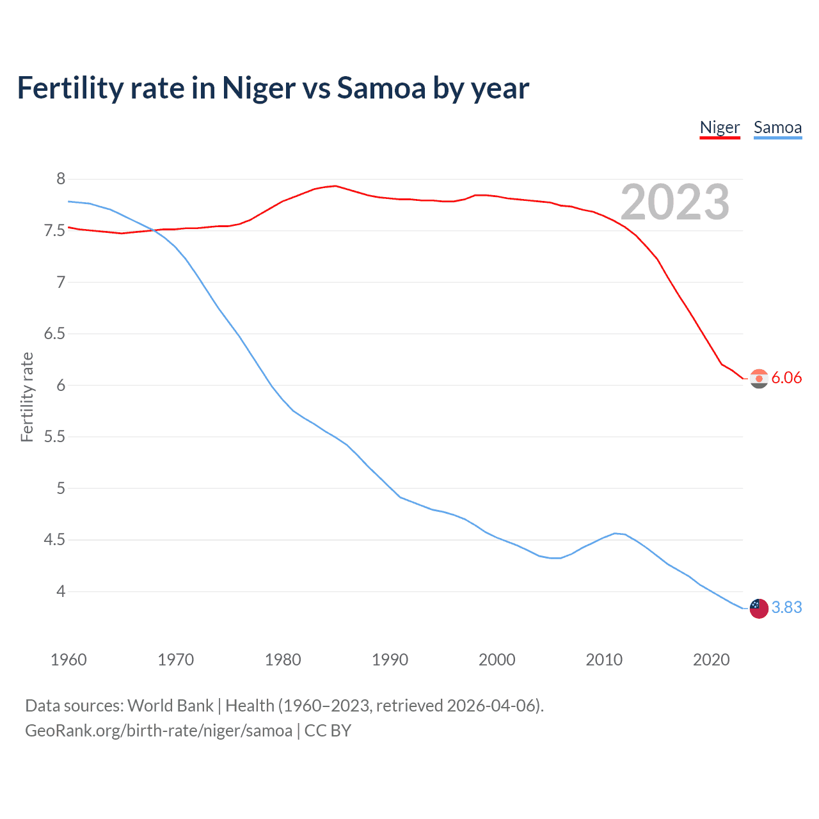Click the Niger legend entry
(x=719, y=127)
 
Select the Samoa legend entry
(x=777, y=127)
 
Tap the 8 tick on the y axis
(x=61, y=179)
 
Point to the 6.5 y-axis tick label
(x=54, y=334)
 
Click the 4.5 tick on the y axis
(x=54, y=540)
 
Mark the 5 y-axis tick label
(x=61, y=489)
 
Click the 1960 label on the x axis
(x=68, y=660)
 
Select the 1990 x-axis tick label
(x=390, y=660)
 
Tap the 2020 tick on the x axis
(x=711, y=660)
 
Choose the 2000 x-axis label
(x=497, y=660)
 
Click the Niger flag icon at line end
(x=759, y=379)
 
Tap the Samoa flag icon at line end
(x=759, y=608)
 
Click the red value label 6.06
(x=786, y=378)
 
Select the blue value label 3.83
(x=786, y=607)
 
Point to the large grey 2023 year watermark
(x=674, y=202)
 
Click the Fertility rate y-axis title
(x=27, y=397)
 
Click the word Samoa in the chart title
(x=381, y=88)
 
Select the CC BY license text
(x=328, y=731)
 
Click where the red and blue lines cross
(x=154, y=230)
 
